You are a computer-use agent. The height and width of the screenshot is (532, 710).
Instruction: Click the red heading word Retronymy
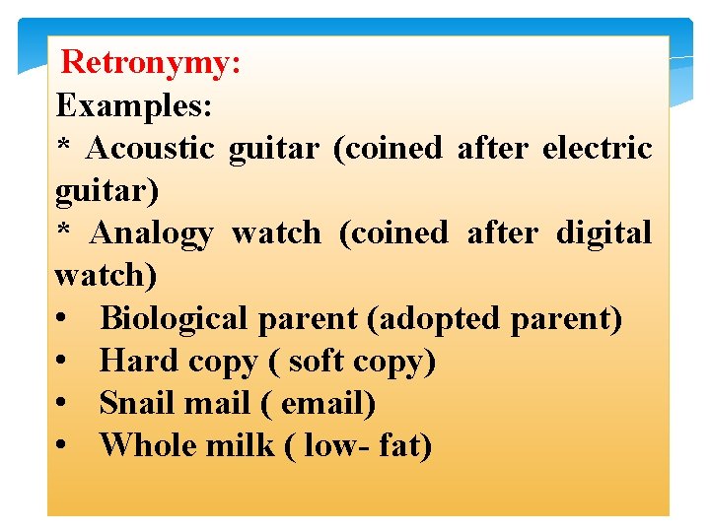[x=150, y=64]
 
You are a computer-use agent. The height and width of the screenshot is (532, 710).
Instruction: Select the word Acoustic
[x=151, y=148]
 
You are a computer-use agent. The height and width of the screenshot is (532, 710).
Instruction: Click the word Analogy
[x=151, y=233]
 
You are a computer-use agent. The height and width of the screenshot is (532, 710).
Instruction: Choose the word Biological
[x=175, y=319]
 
